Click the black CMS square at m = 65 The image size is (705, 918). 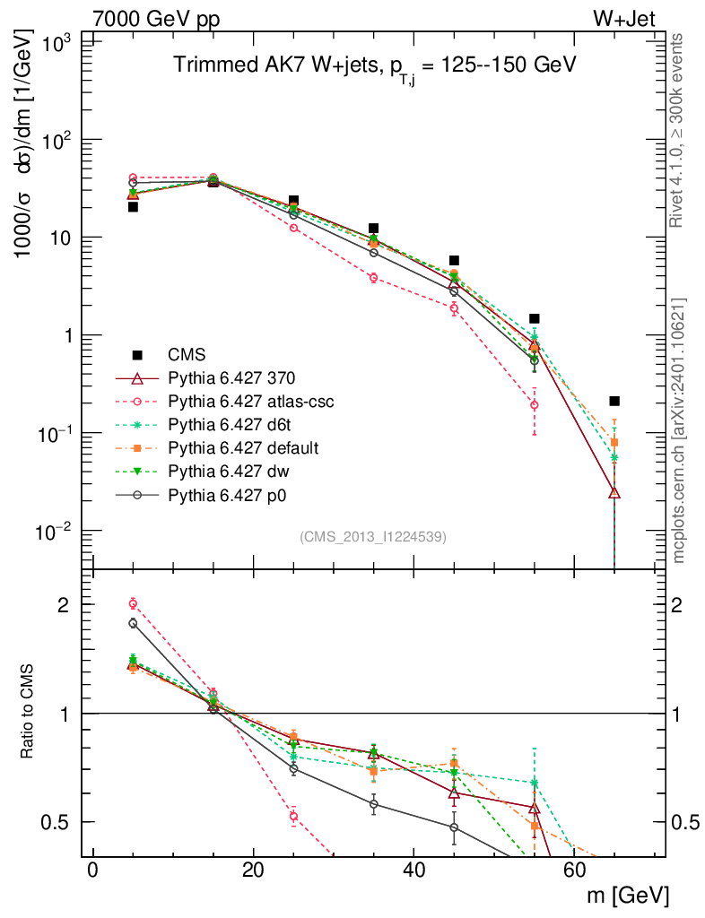[x=614, y=401]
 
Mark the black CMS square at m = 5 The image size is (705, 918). [x=133, y=206]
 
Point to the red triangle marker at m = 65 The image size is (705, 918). [x=614, y=492]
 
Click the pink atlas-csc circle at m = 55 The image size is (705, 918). [x=535, y=405]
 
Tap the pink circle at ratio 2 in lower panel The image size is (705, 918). [x=133, y=603]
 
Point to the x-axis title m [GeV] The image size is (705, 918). [x=629, y=895]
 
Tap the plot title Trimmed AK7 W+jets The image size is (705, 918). [x=374, y=65]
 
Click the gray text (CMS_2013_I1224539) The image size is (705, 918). [x=373, y=536]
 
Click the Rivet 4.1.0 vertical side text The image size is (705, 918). [x=680, y=130]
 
